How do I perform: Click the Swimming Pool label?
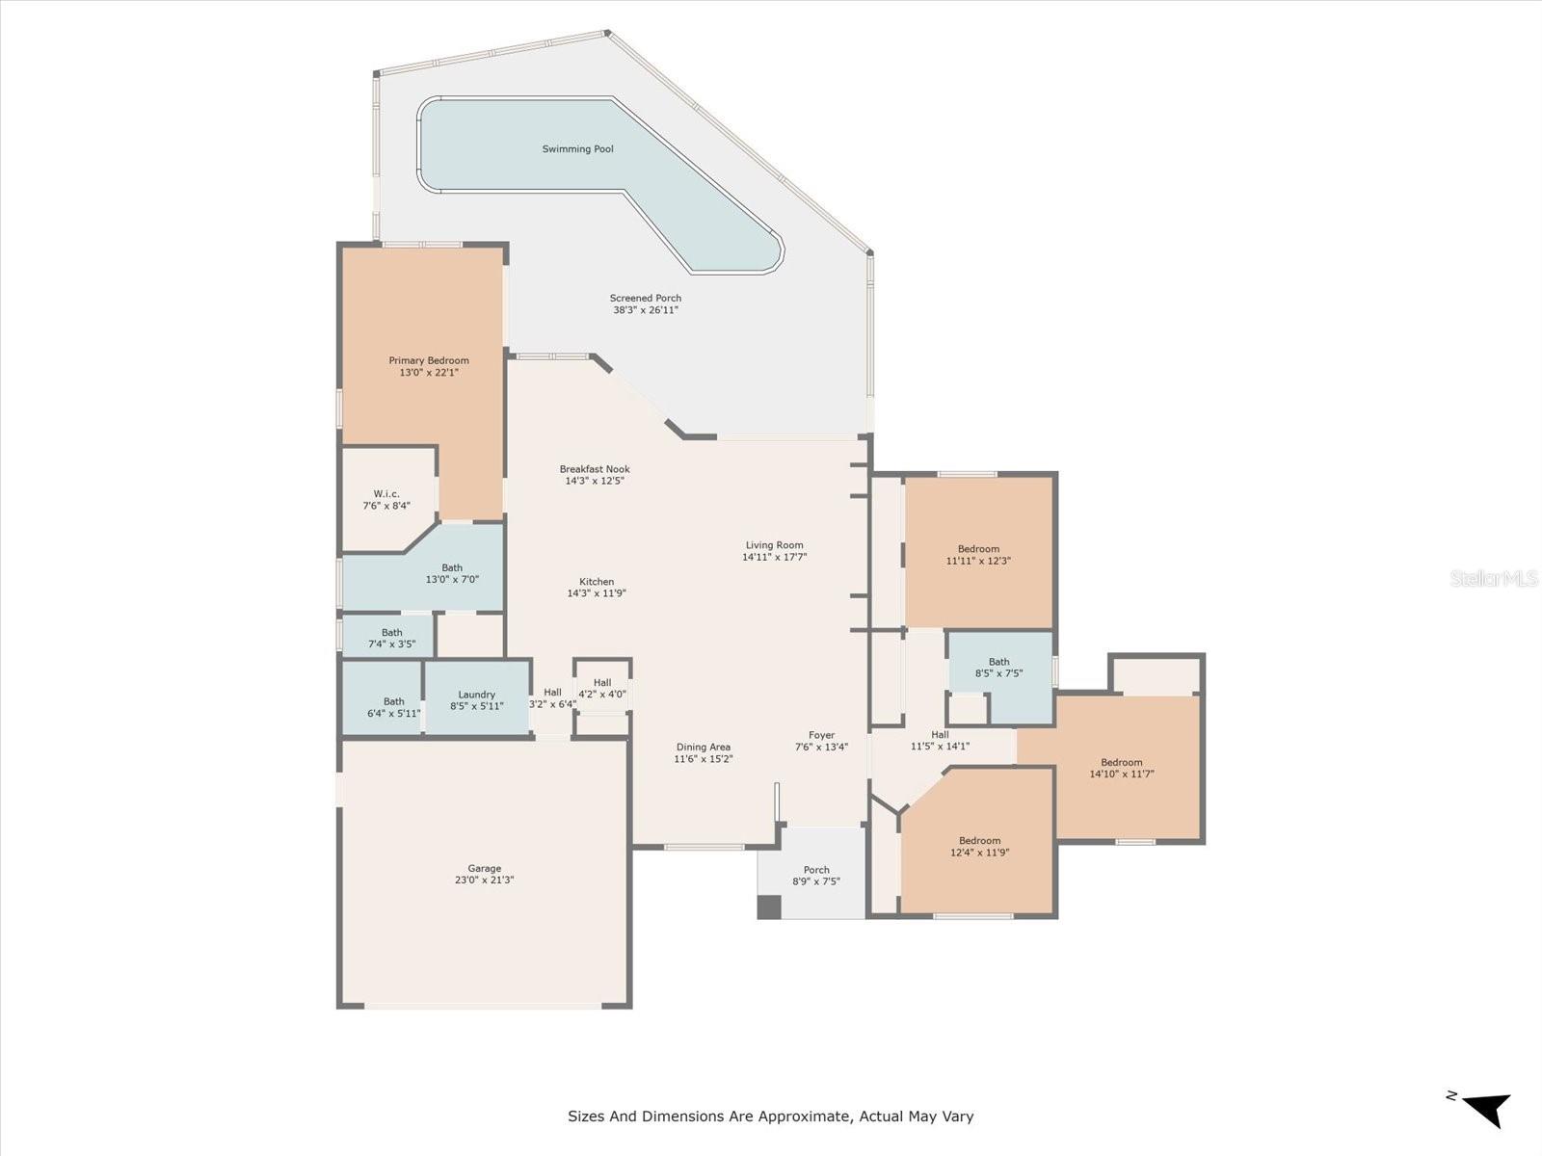577,148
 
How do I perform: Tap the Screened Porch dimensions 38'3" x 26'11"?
646,309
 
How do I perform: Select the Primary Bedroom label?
429,360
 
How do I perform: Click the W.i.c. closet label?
386,493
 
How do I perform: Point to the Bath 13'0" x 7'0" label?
452,573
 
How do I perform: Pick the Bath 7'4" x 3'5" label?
392,638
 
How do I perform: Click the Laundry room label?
477,695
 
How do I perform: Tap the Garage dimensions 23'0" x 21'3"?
484,880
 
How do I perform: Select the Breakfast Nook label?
595,469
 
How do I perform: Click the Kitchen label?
597,581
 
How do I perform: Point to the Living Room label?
774,544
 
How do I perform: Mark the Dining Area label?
704,747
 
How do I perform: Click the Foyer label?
821,735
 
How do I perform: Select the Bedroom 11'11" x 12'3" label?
978,555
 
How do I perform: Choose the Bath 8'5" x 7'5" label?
999,667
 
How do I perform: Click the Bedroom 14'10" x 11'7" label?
1122,768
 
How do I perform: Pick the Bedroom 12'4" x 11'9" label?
980,846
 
